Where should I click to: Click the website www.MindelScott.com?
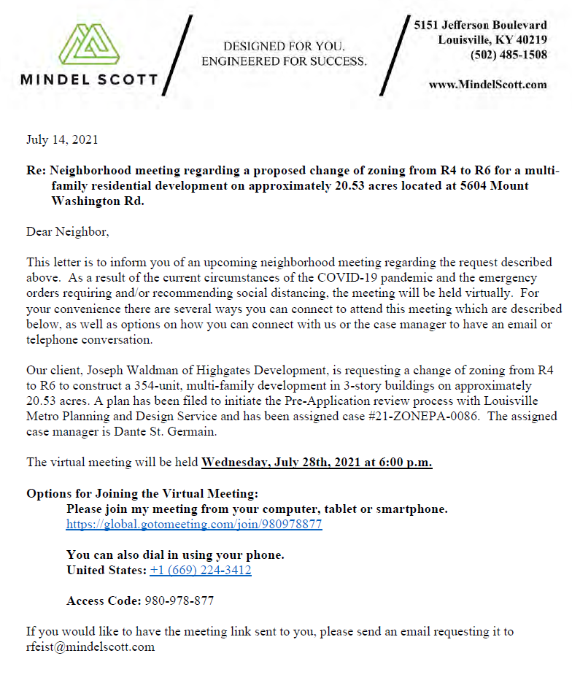coord(487,85)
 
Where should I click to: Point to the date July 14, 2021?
coord(61,139)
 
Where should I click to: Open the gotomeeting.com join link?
coord(194,524)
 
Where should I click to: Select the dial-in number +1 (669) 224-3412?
coord(201,570)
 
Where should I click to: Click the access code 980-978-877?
coord(180,600)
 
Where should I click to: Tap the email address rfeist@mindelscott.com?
coord(90,646)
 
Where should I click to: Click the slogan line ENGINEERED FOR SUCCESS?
coord(284,61)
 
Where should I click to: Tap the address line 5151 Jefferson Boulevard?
coord(480,25)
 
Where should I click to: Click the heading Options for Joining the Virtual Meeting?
coord(142,493)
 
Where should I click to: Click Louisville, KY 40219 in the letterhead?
coord(492,39)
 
